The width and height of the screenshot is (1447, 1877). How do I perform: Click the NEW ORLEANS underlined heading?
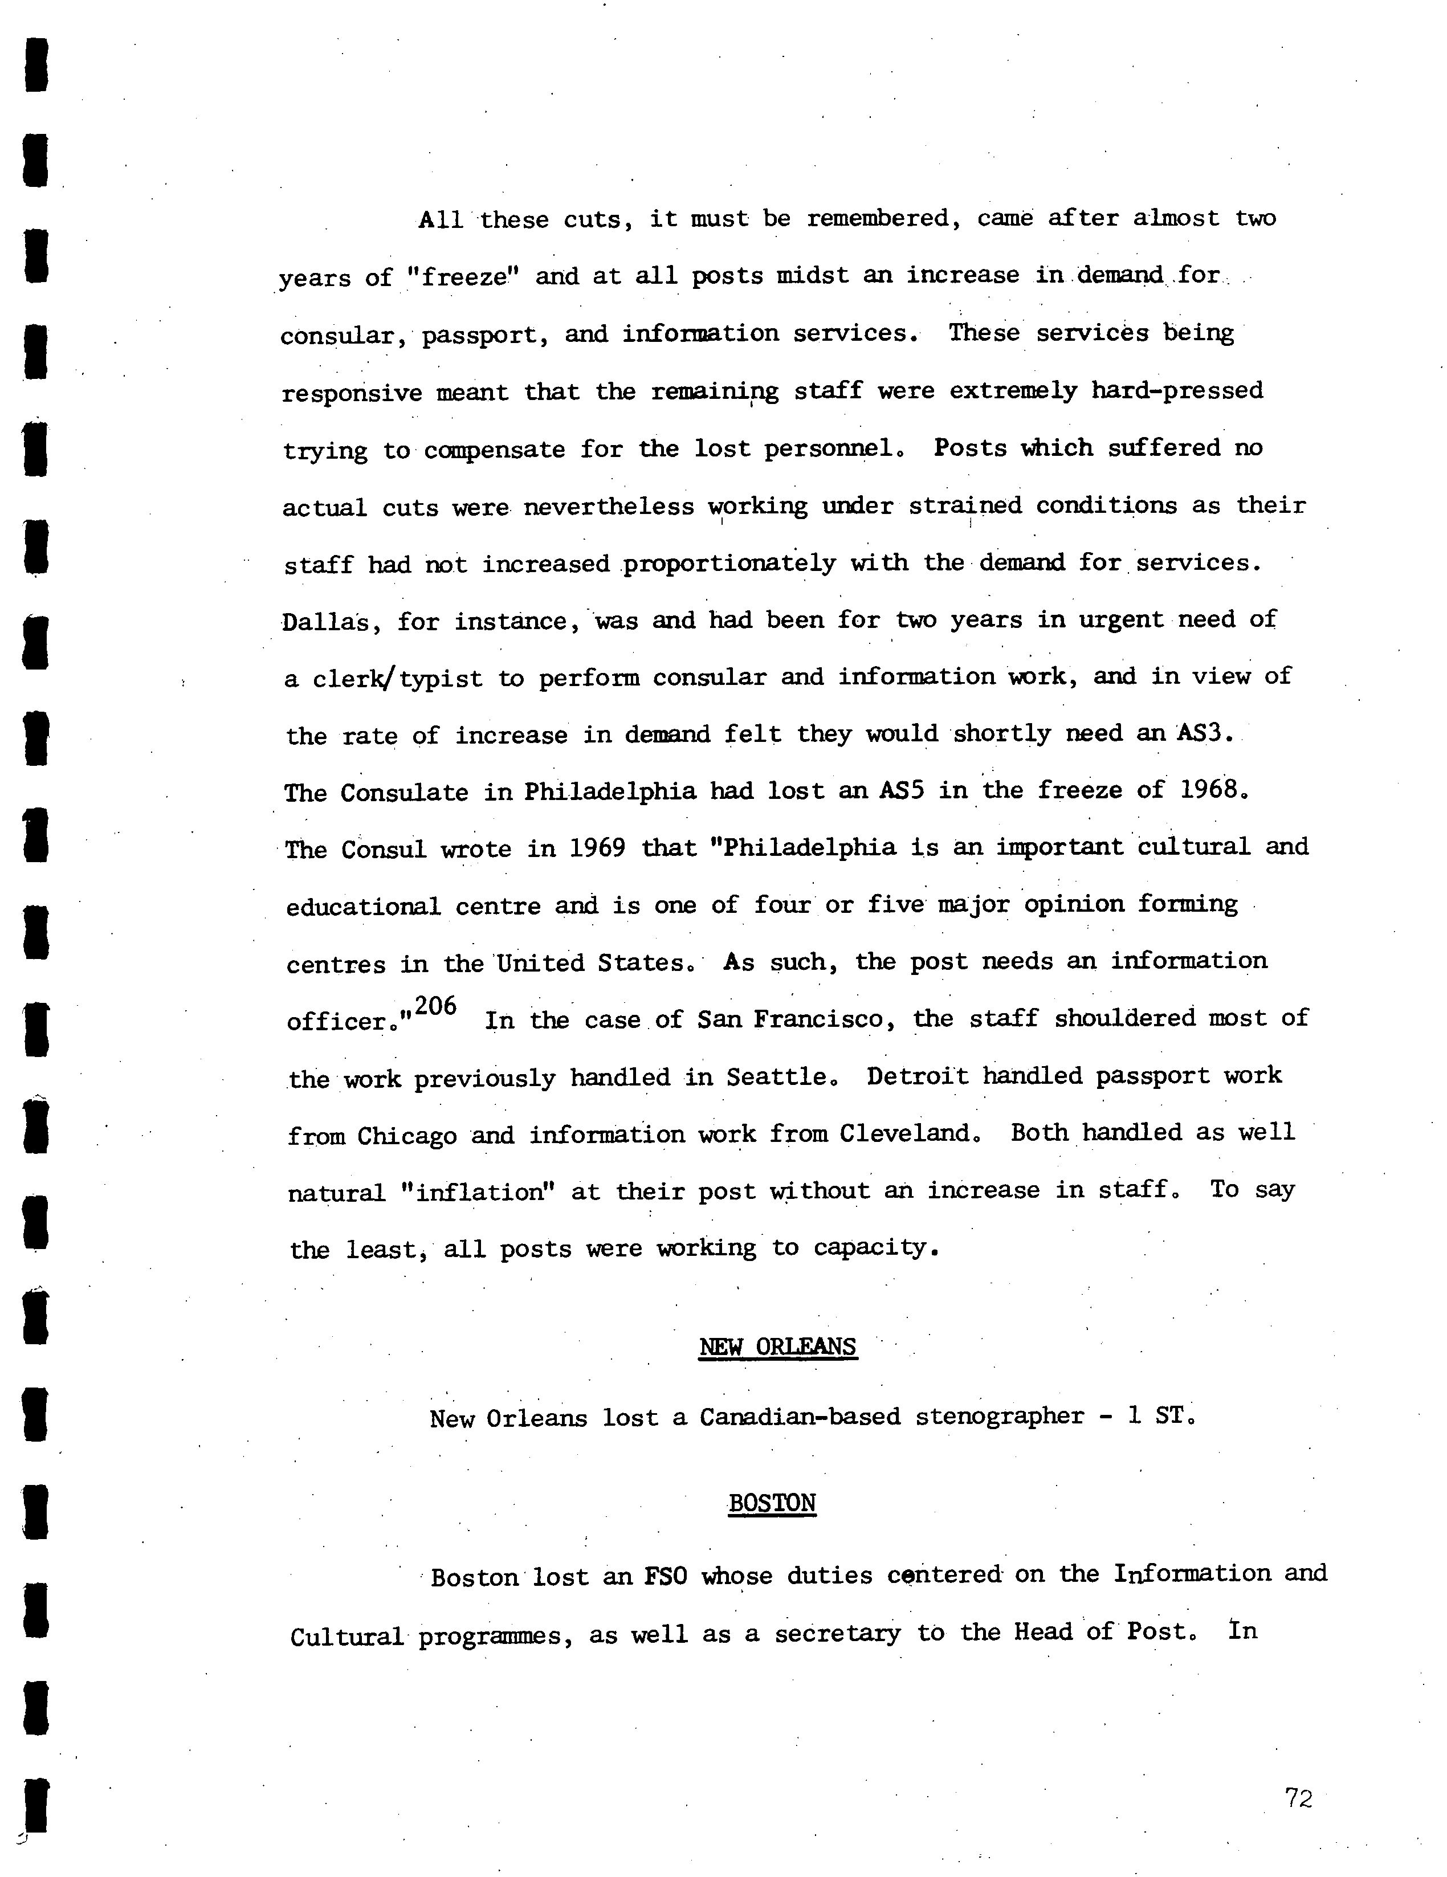point(777,1346)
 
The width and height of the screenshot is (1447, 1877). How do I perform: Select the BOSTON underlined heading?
point(771,1502)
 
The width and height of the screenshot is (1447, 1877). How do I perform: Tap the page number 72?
point(1298,1798)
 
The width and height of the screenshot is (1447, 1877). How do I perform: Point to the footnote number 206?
point(435,1006)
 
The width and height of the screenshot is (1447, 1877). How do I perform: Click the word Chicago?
point(407,1136)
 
